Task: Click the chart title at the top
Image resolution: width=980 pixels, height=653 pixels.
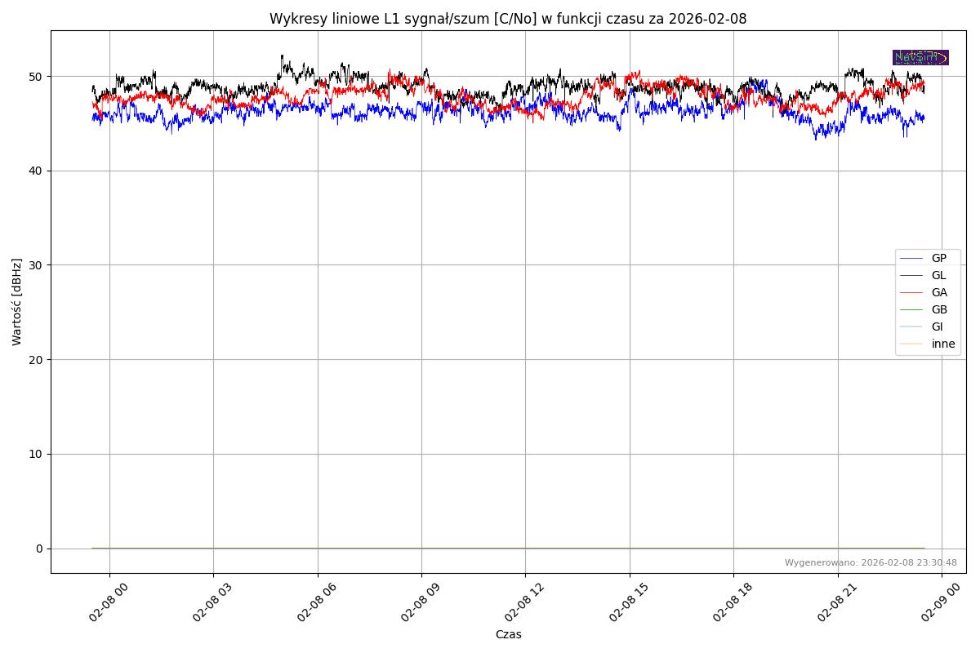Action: coord(508,19)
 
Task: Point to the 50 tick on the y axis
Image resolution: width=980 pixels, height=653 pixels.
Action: coord(37,77)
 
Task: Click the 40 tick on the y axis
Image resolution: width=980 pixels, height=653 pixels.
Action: coord(37,171)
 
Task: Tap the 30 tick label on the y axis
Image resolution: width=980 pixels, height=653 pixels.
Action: coord(37,265)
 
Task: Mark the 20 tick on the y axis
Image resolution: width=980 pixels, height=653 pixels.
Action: coord(37,359)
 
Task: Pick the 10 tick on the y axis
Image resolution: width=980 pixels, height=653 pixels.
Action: coord(37,454)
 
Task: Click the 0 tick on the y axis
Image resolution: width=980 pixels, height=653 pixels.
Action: coord(39,549)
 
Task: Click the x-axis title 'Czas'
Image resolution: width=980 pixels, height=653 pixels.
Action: coord(508,634)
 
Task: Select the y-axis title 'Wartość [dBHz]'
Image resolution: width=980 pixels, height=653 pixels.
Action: coord(17,301)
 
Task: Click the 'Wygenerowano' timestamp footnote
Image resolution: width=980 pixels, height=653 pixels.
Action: coord(871,562)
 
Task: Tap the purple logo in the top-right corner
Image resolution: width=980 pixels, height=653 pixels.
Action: coord(920,57)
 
